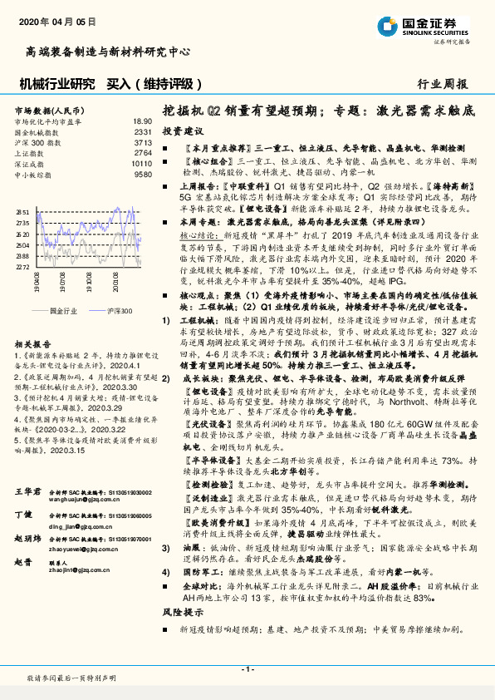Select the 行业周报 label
[x=443, y=84]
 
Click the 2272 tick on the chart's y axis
[x=23, y=268]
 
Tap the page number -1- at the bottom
[x=247, y=669]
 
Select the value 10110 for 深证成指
[x=142, y=164]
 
